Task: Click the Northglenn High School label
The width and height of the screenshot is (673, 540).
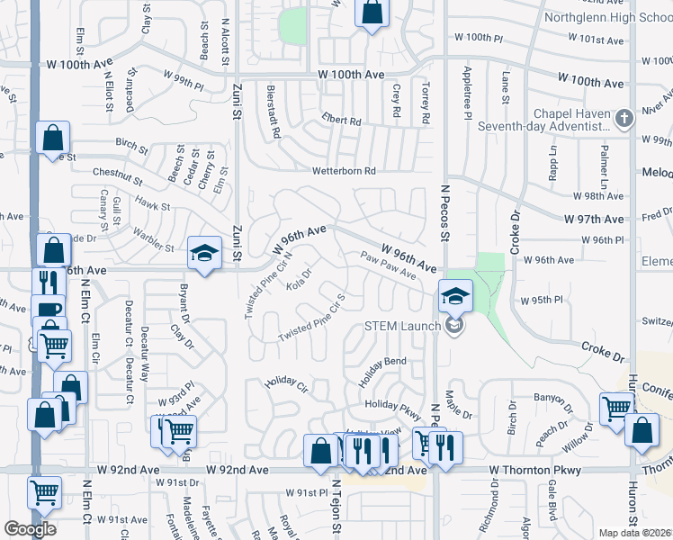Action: (x=608, y=18)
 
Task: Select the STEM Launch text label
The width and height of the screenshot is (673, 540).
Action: (x=401, y=326)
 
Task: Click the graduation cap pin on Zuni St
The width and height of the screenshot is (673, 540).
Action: (x=204, y=253)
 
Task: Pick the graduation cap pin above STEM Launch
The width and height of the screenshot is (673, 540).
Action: (x=455, y=294)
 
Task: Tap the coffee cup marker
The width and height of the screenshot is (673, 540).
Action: (x=47, y=309)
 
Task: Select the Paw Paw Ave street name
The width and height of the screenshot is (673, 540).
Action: (x=388, y=266)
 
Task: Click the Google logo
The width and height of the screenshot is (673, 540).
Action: (x=30, y=529)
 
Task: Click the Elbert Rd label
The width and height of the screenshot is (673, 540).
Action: (x=342, y=121)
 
